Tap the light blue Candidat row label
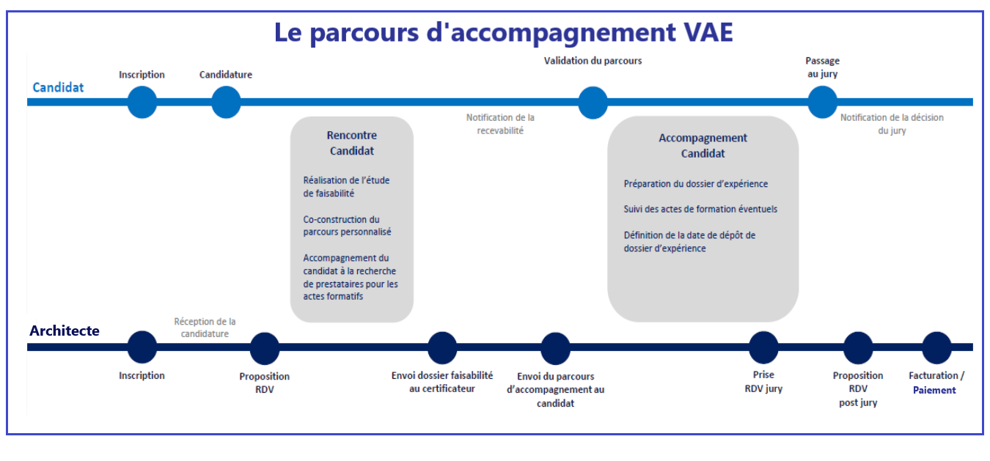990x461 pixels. click(59, 87)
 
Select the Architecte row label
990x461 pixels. click(65, 331)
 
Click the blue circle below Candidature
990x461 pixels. click(226, 102)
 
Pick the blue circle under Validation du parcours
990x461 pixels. click(593, 103)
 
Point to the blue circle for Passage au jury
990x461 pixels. click(822, 102)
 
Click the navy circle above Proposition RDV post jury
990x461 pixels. click(858, 347)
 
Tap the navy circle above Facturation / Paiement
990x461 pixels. click(936, 347)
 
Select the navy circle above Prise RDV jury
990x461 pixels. click(763, 347)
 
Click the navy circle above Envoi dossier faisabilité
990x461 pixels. click(442, 348)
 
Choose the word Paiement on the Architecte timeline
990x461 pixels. click(934, 391)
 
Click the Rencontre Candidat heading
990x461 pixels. click(352, 143)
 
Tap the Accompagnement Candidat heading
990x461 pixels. click(703, 146)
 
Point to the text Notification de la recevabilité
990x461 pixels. click(500, 124)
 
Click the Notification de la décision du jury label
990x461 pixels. click(892, 124)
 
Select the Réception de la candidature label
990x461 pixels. click(205, 328)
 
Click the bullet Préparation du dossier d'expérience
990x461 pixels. click(696, 184)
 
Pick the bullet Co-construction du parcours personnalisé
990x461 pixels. click(347, 226)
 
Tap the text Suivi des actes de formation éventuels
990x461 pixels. click(700, 209)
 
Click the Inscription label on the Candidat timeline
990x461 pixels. click(142, 75)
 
